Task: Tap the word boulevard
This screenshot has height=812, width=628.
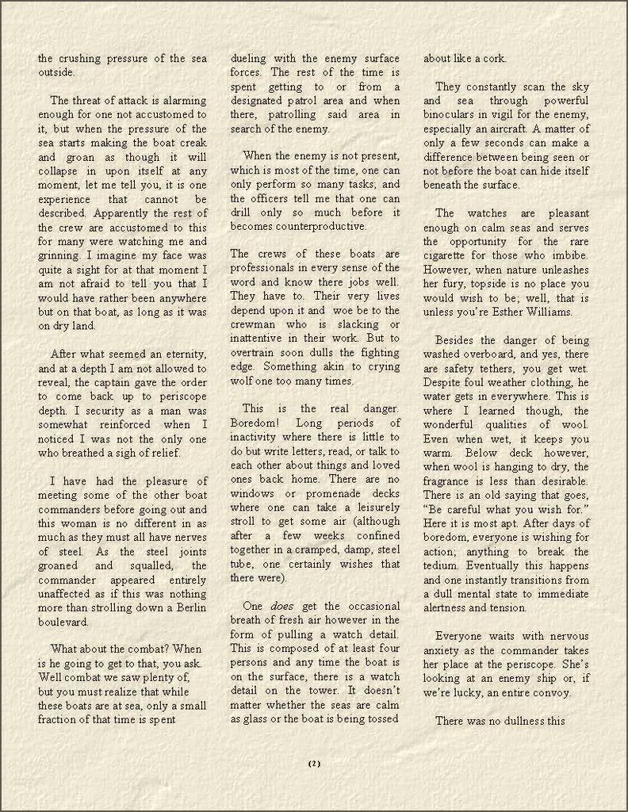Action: point(63,622)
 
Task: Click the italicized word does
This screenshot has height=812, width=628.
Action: point(281,606)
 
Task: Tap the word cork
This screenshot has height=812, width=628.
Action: point(493,58)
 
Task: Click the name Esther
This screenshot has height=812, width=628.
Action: point(513,312)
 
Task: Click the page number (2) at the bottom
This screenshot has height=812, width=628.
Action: point(313,764)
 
